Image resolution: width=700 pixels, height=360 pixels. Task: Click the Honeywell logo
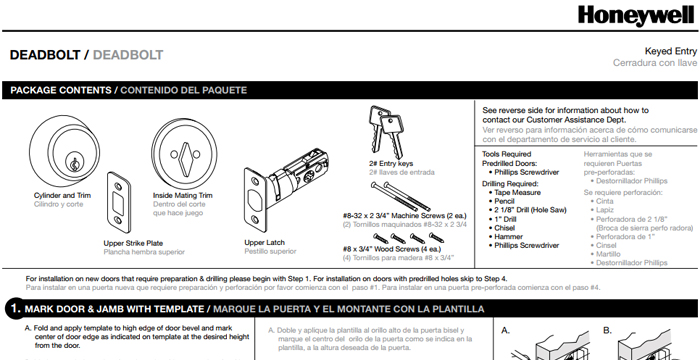click(637, 16)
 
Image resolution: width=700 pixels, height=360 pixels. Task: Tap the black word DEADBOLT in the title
click(45, 55)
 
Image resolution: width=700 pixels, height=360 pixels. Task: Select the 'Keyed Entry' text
click(671, 51)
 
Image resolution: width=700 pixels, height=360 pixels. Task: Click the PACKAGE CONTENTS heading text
click(61, 90)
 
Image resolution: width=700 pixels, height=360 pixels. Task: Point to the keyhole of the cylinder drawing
click(74, 163)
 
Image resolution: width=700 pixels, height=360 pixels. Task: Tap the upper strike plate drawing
click(118, 203)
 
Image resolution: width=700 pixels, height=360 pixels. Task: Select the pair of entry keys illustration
click(386, 131)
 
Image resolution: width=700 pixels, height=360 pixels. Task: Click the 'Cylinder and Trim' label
click(62, 195)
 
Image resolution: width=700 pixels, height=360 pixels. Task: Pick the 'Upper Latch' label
click(264, 243)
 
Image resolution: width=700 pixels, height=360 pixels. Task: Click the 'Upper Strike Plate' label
click(133, 243)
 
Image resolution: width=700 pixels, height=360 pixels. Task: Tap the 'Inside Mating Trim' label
click(183, 195)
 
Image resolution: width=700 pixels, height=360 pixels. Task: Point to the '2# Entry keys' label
click(391, 163)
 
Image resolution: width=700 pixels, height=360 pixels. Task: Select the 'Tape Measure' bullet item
click(517, 193)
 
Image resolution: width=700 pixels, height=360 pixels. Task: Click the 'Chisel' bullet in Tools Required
click(504, 228)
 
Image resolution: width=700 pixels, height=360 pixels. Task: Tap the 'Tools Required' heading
click(507, 154)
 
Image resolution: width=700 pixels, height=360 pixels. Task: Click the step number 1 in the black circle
click(15, 309)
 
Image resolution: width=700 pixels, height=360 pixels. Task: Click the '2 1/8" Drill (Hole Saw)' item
click(530, 210)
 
